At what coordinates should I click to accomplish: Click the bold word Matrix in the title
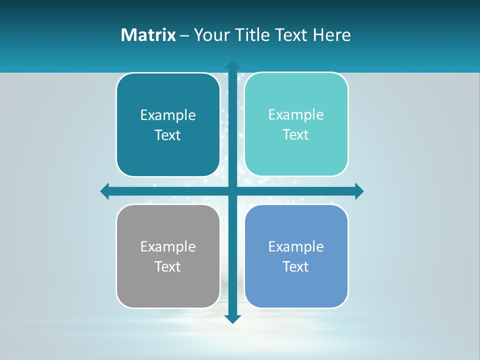tap(148, 35)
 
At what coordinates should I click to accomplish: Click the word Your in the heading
tap(210, 35)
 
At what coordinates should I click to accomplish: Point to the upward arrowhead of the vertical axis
tap(232, 64)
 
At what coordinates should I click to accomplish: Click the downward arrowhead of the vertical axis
tap(232, 319)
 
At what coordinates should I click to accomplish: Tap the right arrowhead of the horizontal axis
tap(359, 191)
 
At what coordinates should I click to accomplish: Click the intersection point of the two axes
tap(232, 191)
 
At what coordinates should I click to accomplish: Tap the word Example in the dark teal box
tap(168, 115)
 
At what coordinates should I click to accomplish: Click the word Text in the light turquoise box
tap(296, 134)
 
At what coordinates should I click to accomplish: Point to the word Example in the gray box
tap(168, 247)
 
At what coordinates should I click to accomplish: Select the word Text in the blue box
tap(296, 266)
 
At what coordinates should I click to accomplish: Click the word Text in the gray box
tap(168, 266)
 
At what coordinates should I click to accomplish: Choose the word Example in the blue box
tap(296, 247)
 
